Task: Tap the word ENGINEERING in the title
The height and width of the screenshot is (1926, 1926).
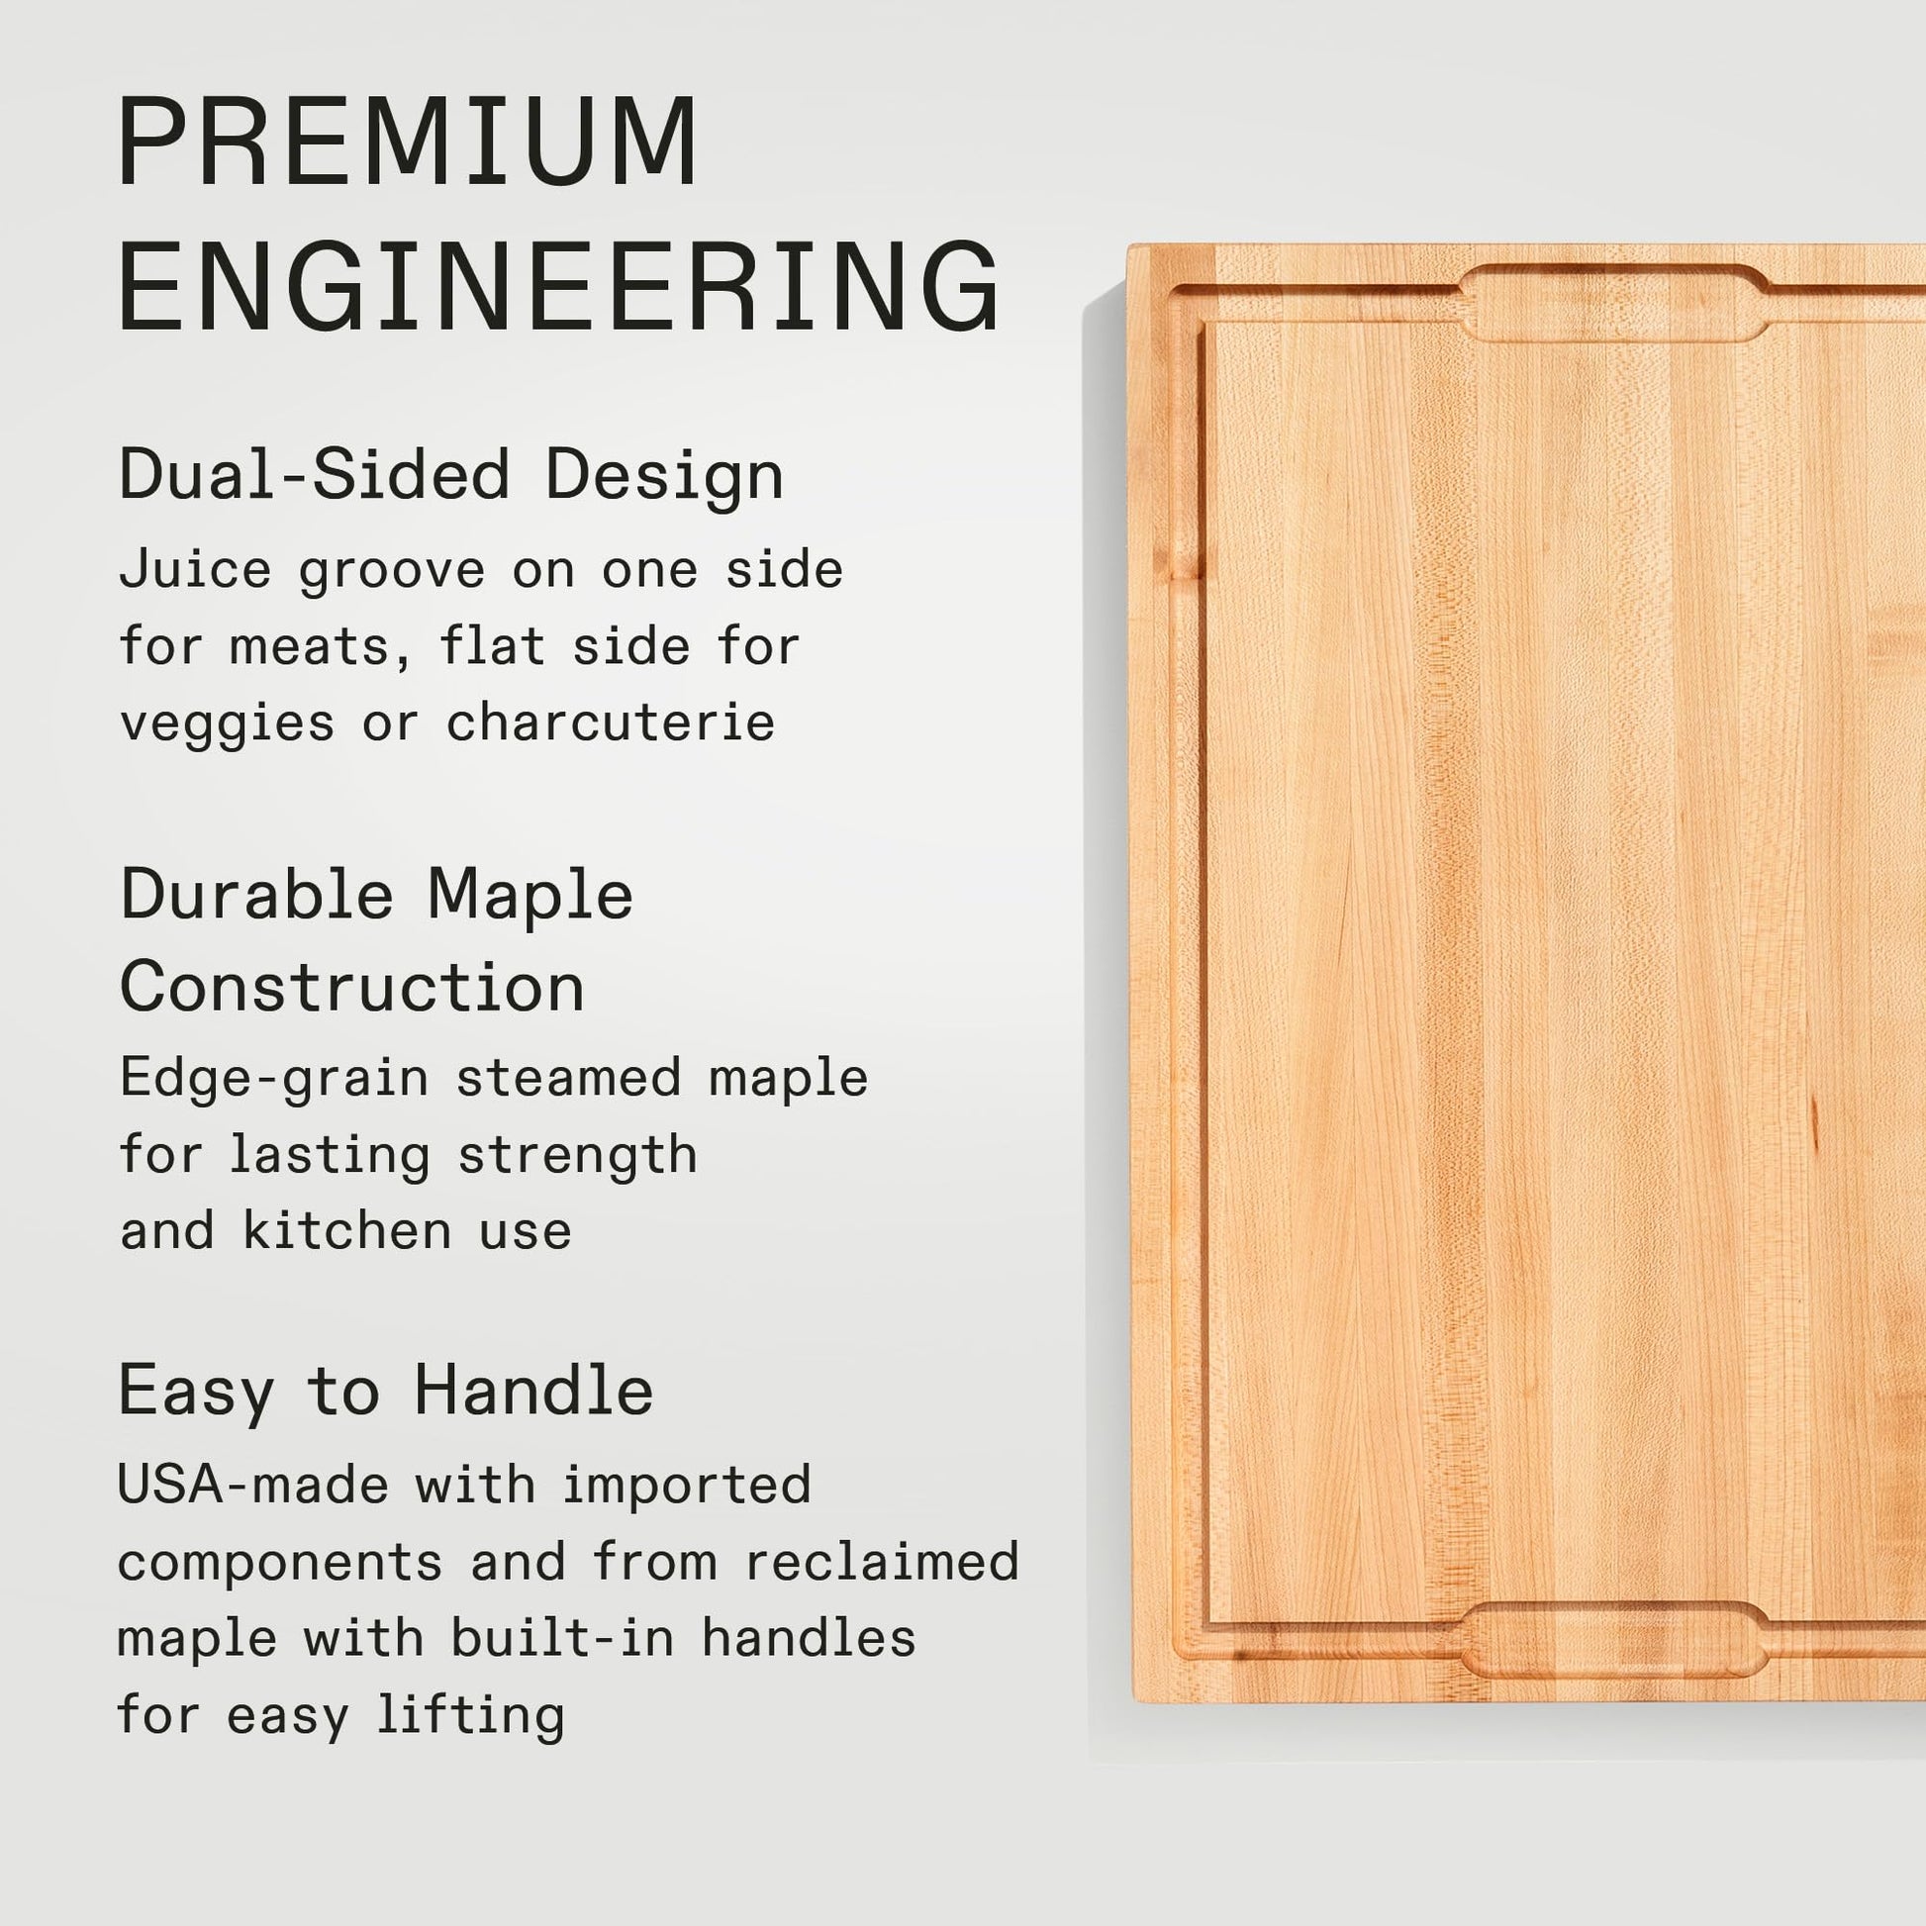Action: click(558, 285)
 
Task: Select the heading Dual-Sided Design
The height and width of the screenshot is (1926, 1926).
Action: click(451, 474)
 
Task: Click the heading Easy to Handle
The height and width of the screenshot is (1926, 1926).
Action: click(386, 1391)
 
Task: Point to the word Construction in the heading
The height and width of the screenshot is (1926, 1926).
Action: click(352, 987)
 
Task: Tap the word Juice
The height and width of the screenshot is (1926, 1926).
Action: click(195, 570)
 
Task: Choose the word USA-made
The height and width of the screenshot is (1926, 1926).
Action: click(253, 1485)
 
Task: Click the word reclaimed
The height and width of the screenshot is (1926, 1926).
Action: click(882, 1560)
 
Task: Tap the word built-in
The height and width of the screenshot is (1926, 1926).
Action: click(562, 1637)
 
